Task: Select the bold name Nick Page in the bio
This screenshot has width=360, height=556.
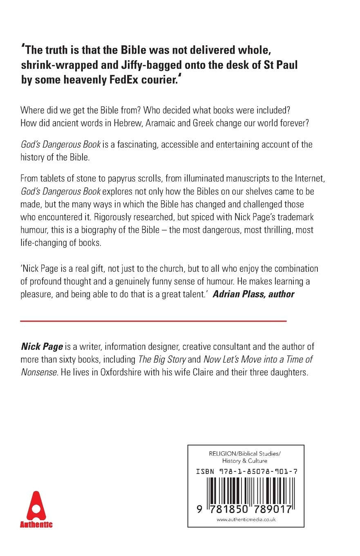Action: click(42, 347)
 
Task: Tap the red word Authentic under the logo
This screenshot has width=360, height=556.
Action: click(36, 525)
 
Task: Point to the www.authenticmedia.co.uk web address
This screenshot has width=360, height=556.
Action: click(246, 520)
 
